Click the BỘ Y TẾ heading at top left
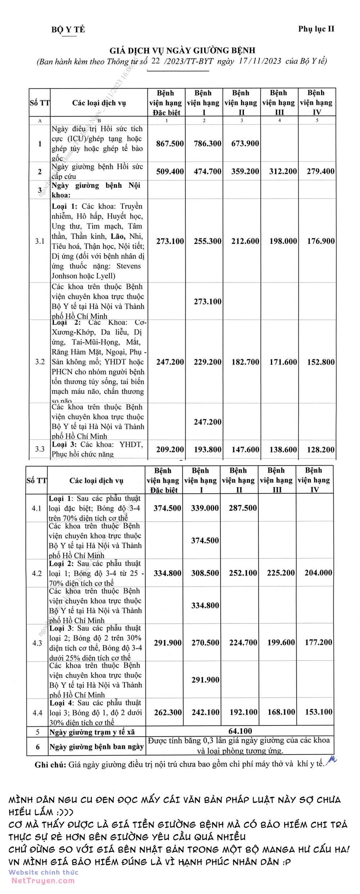point(68,29)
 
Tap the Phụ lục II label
point(316,29)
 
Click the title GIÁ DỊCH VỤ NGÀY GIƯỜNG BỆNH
point(182,50)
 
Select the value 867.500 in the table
point(170,143)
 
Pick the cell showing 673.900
point(245,143)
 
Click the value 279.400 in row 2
point(320,171)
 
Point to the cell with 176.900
point(320,241)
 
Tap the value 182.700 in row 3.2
point(245,362)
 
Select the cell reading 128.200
point(320,450)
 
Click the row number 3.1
point(40,241)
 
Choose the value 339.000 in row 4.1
point(205,508)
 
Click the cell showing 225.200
point(280,573)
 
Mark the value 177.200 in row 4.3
point(318,642)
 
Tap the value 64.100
point(240,731)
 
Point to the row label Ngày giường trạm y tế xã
point(92,732)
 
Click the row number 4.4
point(37,712)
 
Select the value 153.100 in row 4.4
point(318,712)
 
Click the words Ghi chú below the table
point(50,765)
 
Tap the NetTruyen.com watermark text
point(43,881)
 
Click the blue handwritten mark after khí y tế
point(332,760)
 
